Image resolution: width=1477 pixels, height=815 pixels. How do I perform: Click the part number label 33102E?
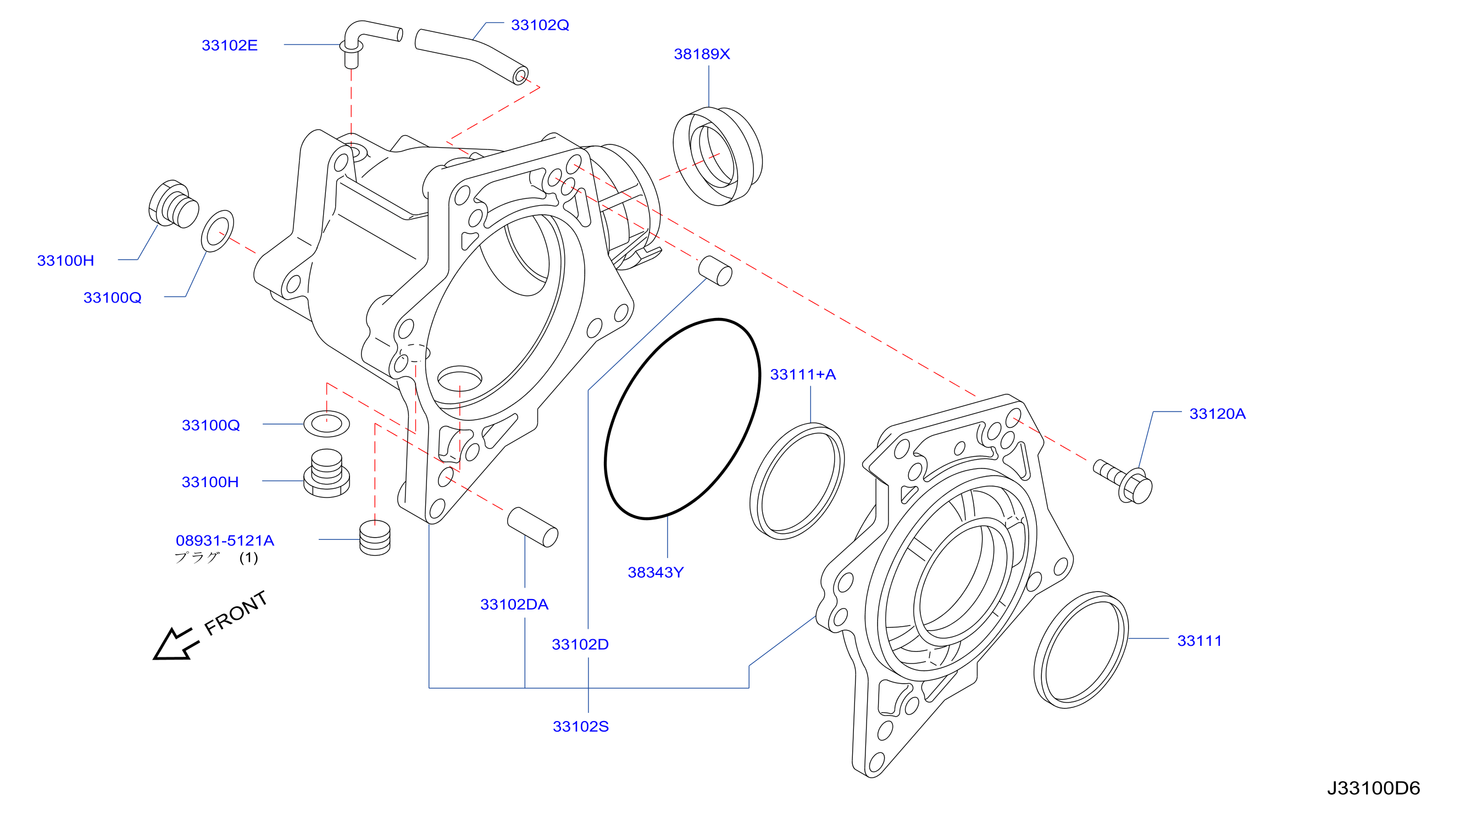[x=229, y=45]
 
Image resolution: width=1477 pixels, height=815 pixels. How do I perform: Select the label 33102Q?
[x=540, y=25]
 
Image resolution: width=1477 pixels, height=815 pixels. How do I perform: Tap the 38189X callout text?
[x=701, y=54]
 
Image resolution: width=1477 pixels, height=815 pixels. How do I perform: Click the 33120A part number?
[x=1217, y=414]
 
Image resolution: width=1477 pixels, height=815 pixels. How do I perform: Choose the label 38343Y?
[x=656, y=572]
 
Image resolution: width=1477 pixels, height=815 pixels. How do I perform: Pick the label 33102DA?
[x=514, y=604]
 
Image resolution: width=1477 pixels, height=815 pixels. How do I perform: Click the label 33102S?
[x=580, y=726]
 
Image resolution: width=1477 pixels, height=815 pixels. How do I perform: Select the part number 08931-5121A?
[x=225, y=540]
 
